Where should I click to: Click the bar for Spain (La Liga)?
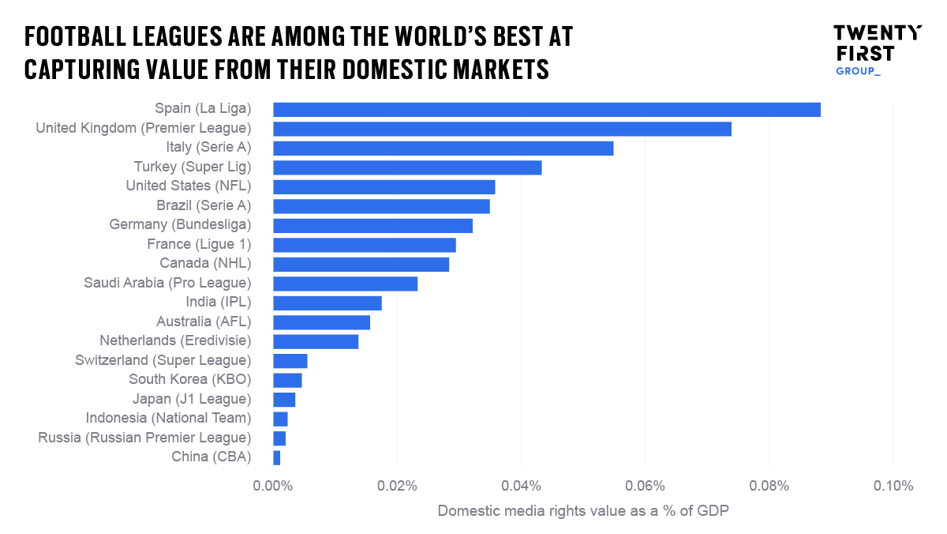point(546,110)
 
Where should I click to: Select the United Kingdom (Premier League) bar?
point(502,129)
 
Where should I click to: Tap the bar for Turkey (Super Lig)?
point(407,167)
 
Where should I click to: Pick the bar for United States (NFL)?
point(384,186)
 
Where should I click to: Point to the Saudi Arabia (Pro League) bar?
point(345,284)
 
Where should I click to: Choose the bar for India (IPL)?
point(327,303)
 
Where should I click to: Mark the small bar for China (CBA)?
point(276,457)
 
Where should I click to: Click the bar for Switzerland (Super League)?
point(290,361)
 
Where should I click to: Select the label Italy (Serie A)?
point(208,148)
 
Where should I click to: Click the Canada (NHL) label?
point(205,264)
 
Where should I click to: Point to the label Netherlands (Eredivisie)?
point(175,341)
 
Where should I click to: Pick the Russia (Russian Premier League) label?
point(144,438)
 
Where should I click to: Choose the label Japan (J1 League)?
point(192,399)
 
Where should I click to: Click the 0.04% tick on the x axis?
point(521,486)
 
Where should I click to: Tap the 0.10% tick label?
point(893,486)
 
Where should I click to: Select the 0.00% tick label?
point(273,486)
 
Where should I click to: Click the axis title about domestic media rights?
point(583,511)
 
